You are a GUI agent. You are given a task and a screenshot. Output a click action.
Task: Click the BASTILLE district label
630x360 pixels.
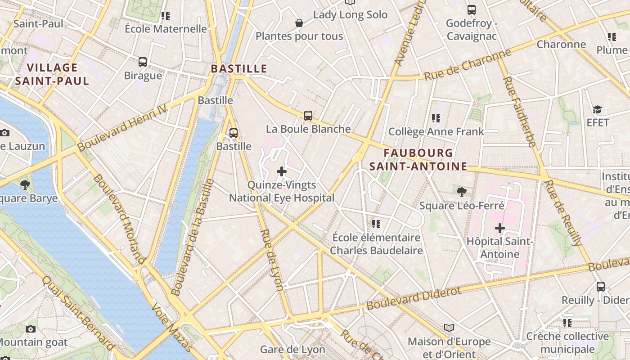(x=239, y=69)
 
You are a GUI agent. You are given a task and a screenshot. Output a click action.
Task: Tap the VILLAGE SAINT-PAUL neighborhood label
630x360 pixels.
(x=52, y=74)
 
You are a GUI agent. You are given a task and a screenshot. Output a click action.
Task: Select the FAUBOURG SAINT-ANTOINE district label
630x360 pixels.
(x=418, y=160)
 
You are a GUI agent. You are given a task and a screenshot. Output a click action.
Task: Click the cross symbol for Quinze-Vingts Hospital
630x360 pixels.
(x=282, y=171)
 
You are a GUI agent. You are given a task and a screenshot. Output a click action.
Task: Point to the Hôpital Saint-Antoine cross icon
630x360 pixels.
(x=499, y=228)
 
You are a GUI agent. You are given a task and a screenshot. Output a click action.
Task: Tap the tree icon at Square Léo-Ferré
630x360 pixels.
(x=461, y=192)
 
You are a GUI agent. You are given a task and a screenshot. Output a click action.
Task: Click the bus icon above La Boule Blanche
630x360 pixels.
(x=308, y=116)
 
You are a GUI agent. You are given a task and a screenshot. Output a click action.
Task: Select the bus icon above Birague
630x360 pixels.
(x=143, y=62)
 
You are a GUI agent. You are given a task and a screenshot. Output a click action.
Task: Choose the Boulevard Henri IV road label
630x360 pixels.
(x=121, y=127)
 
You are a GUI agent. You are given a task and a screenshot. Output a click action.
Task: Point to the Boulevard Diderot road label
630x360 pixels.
(x=414, y=298)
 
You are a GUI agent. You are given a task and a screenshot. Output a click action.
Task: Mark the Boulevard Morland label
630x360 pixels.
(x=119, y=218)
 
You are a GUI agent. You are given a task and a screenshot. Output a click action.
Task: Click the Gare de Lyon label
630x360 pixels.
(x=292, y=350)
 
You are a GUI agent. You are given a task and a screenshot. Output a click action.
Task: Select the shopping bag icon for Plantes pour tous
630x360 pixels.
(x=299, y=23)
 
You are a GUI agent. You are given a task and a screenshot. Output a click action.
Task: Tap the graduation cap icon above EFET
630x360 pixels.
(x=597, y=109)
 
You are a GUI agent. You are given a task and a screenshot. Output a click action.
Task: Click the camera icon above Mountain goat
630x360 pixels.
(x=31, y=329)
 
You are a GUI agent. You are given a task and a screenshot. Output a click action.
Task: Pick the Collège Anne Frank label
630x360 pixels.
(x=436, y=131)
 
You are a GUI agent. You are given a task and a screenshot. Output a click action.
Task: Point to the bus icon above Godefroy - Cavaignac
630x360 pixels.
(x=471, y=9)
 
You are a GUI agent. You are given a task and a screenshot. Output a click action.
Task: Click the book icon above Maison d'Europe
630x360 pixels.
(x=449, y=328)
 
